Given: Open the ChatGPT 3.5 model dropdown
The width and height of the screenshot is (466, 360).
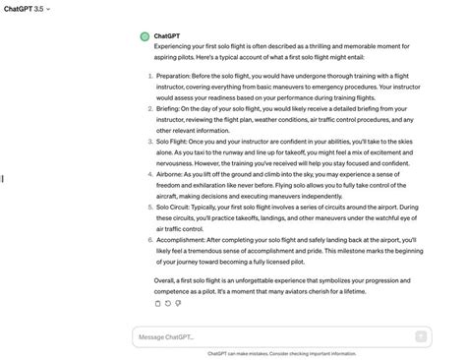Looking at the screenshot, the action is [27, 8].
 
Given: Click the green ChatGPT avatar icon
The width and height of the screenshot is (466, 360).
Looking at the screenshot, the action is [145, 36].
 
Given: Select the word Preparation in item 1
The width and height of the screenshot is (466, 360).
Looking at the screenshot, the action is [176, 76].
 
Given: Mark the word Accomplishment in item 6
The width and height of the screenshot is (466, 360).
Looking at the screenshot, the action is [185, 239].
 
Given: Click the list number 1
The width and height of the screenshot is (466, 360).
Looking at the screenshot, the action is [148, 76].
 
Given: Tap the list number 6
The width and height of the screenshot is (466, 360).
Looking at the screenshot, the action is [148, 239].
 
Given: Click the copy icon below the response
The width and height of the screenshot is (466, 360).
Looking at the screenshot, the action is [158, 303].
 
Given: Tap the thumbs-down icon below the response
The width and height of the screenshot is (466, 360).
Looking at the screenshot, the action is [178, 303].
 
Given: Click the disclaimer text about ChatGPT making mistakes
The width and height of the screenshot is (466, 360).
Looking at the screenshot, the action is [281, 354].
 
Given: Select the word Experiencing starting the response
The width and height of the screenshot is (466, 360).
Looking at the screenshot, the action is [177, 46].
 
